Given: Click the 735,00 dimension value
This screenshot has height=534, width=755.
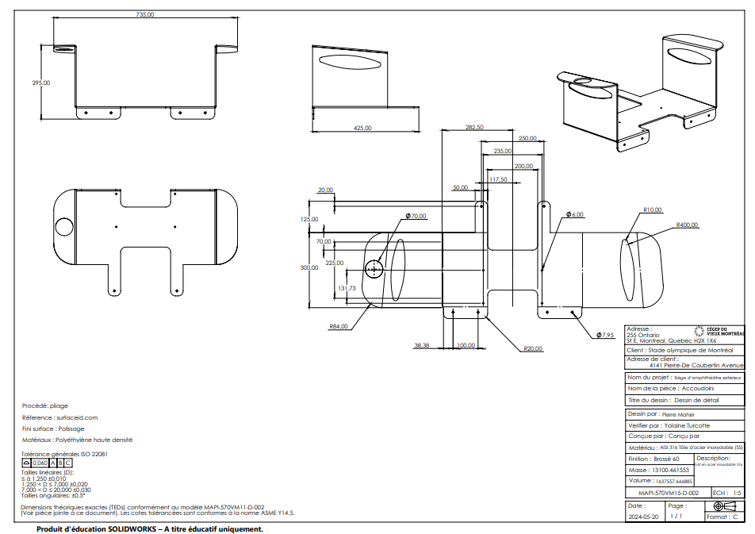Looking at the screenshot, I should [145, 14].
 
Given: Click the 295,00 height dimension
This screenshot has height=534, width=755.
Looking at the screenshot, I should [40, 83].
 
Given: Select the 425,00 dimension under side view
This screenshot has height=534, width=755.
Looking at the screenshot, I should [362, 128].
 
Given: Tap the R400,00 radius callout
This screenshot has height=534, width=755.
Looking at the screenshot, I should [687, 225].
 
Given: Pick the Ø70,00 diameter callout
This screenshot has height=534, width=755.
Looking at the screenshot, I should [416, 216].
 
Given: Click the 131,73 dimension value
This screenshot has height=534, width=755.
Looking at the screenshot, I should [347, 288].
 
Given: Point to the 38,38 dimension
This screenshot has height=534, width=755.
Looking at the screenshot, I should [421, 345].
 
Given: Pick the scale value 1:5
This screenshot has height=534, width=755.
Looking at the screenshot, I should [737, 493].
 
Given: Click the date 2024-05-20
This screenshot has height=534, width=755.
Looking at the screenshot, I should [643, 517].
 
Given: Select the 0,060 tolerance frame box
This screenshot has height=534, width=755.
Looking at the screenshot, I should [40, 463].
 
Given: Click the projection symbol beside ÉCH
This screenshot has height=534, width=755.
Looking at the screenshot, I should [720, 505].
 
